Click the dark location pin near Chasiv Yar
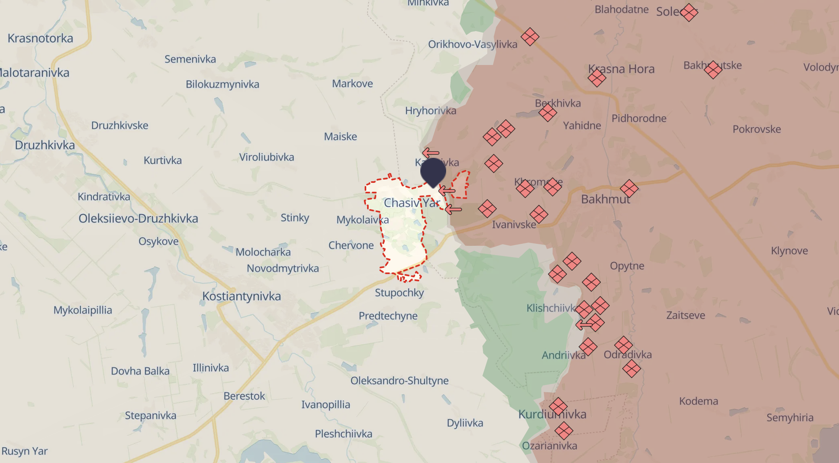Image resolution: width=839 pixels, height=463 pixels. tap(433, 171)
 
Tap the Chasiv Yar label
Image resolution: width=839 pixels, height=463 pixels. tap(411, 203)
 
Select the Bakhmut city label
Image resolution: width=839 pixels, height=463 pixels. tap(605, 199)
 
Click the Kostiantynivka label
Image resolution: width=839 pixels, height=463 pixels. tap(241, 296)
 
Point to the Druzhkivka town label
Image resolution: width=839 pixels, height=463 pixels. tap(45, 145)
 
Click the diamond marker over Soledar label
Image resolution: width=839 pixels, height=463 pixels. tap(689, 13)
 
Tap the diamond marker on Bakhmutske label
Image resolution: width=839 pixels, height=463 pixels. tap(713, 70)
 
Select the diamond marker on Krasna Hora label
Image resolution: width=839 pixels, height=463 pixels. tap(597, 78)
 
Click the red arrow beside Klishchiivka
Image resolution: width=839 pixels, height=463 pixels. tap(583, 325)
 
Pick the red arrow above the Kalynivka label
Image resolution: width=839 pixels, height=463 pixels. tap(430, 153)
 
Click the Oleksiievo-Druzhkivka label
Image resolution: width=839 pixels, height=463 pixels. tap(138, 218)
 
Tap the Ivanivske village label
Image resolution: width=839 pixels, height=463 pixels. tap(514, 224)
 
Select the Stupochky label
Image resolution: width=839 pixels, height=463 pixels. tap(399, 293)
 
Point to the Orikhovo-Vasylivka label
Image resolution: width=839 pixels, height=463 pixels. tap(472, 44)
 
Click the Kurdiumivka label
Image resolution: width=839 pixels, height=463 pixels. tap(552, 414)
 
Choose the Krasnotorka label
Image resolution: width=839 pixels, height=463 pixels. tap(40, 38)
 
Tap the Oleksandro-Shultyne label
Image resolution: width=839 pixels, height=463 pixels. tap(399, 381)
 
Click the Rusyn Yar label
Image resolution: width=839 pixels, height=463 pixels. tap(25, 451)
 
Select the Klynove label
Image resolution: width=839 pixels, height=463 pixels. tap(789, 251)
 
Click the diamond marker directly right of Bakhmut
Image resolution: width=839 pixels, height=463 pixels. tap(629, 188)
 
